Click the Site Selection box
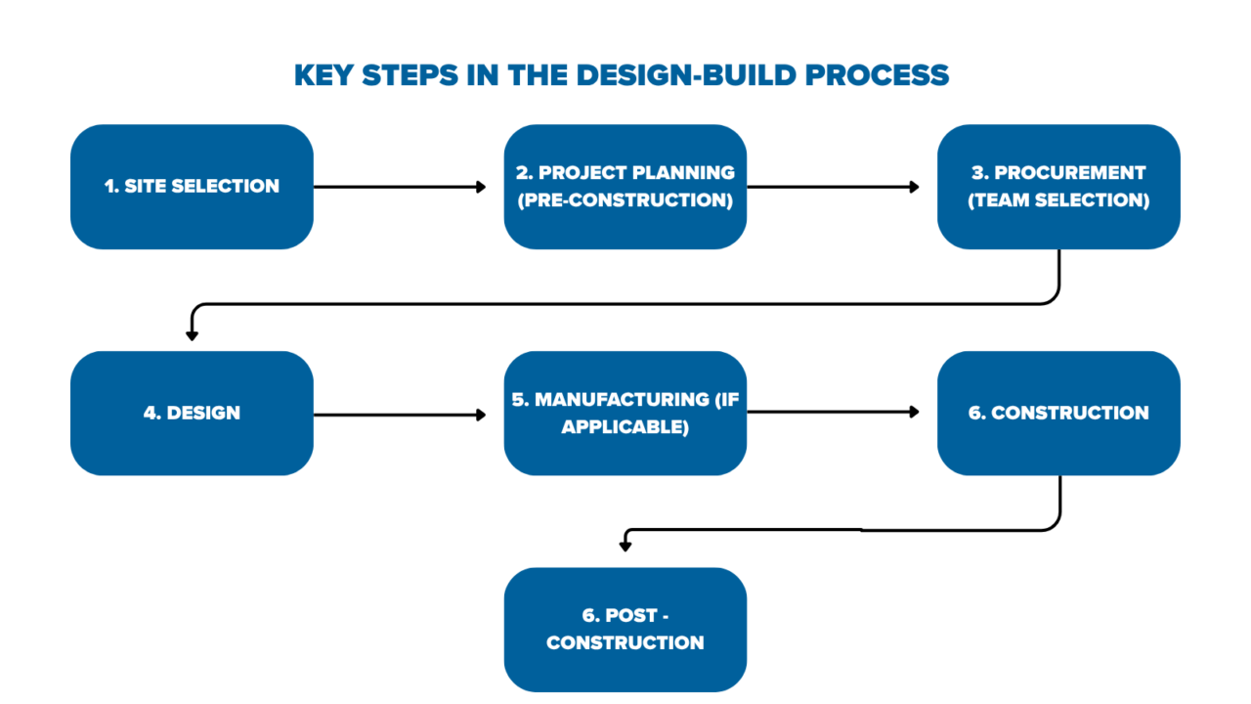[x=192, y=187]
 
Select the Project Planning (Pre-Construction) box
[x=625, y=187]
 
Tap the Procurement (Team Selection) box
[x=1058, y=187]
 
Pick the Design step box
[x=192, y=413]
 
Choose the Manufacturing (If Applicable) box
[x=625, y=413]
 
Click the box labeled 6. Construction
[x=1058, y=413]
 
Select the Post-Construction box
[x=625, y=629]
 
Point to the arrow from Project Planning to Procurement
[x=833, y=187]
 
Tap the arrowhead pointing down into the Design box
[x=192, y=334]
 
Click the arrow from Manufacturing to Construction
[x=833, y=413]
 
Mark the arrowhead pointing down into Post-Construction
[x=626, y=545]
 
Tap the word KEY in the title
[x=324, y=75]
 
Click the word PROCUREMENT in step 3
[x=1069, y=172]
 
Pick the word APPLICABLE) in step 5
[x=625, y=426]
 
